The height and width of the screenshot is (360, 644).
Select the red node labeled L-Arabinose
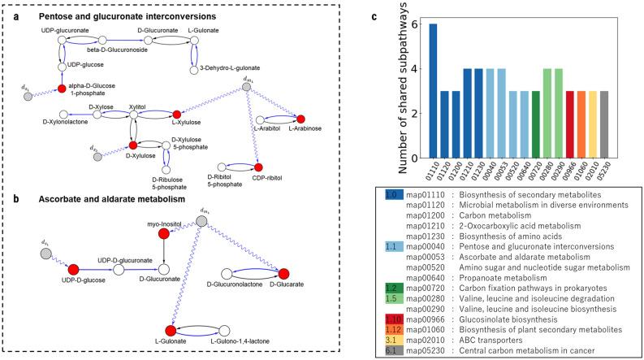tap(301, 119)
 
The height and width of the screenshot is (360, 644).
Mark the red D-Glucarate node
tap(285, 271)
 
